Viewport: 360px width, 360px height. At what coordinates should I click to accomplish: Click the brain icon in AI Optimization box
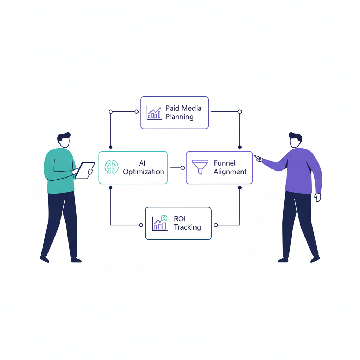tap(112, 167)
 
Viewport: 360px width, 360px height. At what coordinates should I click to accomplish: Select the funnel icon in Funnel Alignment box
tap(200, 167)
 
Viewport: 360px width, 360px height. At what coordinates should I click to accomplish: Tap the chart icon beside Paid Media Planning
tap(154, 113)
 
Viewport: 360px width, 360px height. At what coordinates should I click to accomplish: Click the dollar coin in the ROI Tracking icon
tap(164, 218)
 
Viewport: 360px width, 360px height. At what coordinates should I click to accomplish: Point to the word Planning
tap(180, 117)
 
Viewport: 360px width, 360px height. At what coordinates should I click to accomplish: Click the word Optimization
tap(143, 172)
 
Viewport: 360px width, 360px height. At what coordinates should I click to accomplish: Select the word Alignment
tap(230, 172)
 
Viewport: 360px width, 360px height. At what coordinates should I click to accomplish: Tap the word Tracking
tap(187, 227)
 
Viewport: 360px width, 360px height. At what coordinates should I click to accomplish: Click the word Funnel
tap(225, 163)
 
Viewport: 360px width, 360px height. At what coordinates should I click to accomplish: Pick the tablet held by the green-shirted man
tap(85, 170)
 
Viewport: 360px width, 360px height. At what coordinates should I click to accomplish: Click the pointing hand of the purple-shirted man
tap(258, 159)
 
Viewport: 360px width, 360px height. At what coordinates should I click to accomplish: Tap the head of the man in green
tap(64, 140)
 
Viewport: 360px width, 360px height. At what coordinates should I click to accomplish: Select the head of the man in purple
tap(295, 140)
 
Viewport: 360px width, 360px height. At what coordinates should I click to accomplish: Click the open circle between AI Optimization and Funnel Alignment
tap(182, 168)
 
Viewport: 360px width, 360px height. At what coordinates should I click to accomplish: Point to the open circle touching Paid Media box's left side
tap(137, 112)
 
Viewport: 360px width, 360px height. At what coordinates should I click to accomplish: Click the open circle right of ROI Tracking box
tap(216, 225)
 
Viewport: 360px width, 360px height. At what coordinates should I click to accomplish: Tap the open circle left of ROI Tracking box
tap(141, 225)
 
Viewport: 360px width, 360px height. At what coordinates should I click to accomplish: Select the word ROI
tap(180, 219)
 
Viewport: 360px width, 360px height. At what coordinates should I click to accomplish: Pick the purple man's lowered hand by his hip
tap(317, 197)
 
